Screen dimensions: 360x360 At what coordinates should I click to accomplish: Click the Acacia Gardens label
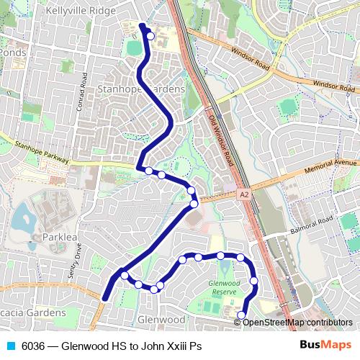[32, 313]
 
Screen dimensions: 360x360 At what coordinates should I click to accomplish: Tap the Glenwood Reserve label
[222, 287]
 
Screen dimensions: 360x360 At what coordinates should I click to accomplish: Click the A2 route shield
[244, 194]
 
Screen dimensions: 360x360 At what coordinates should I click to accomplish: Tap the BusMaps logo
[330, 346]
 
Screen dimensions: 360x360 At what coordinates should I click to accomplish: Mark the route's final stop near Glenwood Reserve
[241, 314]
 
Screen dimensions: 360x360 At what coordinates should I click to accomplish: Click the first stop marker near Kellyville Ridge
[150, 36]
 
